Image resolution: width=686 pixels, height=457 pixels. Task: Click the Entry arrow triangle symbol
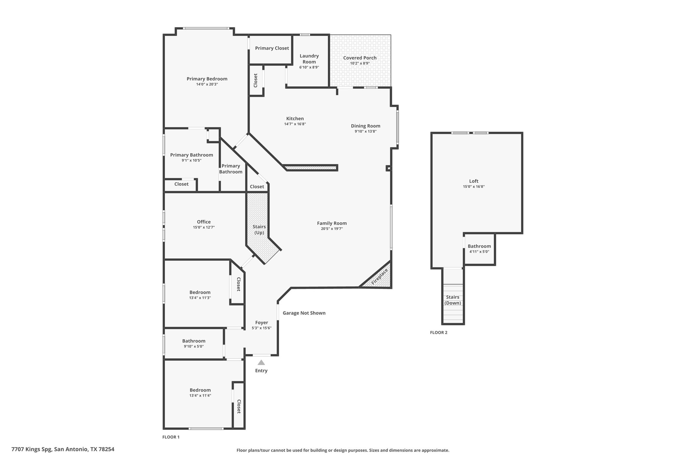point(261,362)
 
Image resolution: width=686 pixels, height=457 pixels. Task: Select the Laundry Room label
point(309,59)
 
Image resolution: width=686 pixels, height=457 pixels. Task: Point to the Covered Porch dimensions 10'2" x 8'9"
point(360,63)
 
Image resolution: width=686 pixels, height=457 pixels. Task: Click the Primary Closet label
point(272,48)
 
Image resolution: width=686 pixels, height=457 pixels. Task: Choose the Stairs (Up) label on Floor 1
point(259,230)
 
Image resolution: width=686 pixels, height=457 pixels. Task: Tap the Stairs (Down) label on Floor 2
point(453,300)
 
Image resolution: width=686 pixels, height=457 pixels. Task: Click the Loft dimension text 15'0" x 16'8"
point(474,187)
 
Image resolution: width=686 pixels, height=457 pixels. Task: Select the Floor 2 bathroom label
point(479,246)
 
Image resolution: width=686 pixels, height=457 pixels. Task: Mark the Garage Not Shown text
point(304,313)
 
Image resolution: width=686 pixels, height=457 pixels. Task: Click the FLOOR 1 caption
point(171,437)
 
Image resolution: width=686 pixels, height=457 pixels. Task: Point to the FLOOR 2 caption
point(438,332)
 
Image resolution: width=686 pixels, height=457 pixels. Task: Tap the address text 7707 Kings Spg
point(32,449)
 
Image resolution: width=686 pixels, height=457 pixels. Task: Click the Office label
point(204,222)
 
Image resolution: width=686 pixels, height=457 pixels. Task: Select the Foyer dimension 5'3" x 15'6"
point(262,328)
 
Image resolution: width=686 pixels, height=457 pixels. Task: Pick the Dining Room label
point(365,126)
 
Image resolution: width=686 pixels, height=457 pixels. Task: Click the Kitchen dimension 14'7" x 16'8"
point(295,124)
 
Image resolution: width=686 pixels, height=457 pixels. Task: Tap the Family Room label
point(332,223)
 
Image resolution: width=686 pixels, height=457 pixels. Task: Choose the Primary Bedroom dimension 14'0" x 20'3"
point(207,84)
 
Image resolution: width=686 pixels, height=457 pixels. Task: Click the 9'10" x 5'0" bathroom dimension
point(194,347)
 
